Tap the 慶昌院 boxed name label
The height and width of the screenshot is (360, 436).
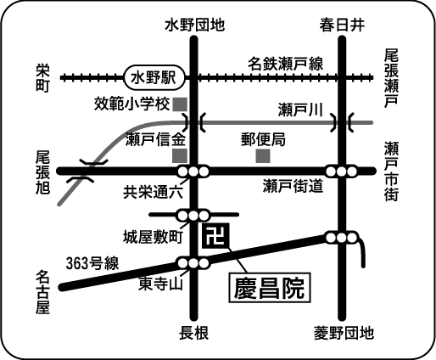[x=270, y=288]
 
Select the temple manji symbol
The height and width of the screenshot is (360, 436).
[x=215, y=236]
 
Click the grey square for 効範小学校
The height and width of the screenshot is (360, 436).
[x=180, y=104]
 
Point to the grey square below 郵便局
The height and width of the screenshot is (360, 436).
[x=263, y=156]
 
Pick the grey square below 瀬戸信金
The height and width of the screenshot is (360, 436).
[x=180, y=155]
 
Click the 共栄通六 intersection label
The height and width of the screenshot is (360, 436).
[x=153, y=193]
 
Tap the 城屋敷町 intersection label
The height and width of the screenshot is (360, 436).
[x=153, y=237]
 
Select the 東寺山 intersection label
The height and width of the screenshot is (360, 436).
[x=160, y=284]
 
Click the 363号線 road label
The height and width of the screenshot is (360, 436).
[x=92, y=263]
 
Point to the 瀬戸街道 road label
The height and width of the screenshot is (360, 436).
[x=293, y=186]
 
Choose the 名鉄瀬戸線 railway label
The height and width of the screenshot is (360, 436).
[x=286, y=64]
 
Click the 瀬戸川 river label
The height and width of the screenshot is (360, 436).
[x=300, y=110]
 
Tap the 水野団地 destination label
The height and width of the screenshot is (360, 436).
[x=195, y=25]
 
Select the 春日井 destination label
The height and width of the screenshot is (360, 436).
[x=342, y=25]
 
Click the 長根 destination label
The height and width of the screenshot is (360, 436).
[x=194, y=333]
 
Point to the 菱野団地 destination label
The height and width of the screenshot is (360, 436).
[x=344, y=333]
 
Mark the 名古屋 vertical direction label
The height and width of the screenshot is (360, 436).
[x=42, y=292]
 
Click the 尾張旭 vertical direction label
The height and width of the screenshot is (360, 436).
[x=42, y=172]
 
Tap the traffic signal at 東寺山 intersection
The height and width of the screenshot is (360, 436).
[x=193, y=263]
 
